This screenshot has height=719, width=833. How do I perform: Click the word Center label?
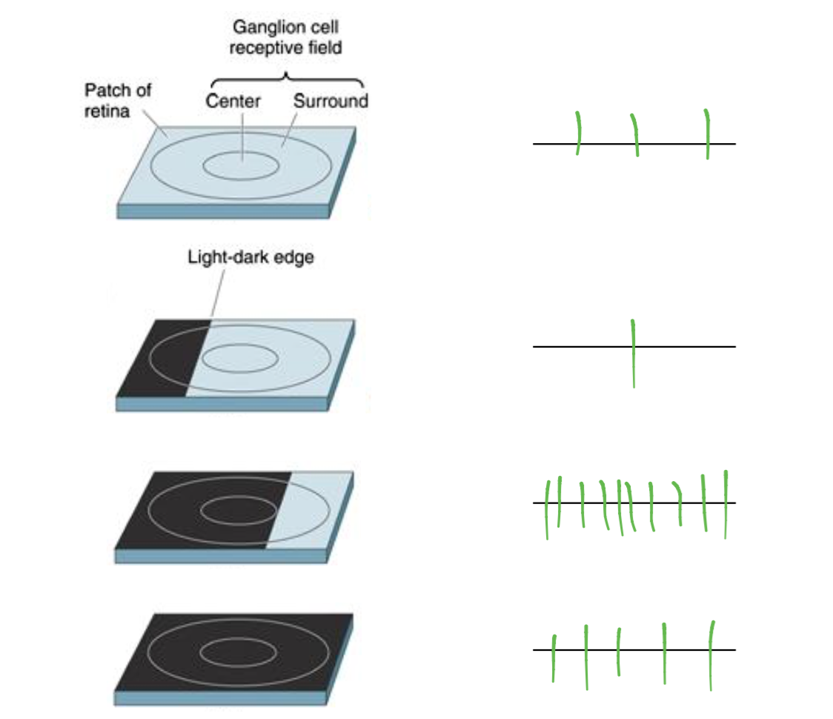tap(233, 101)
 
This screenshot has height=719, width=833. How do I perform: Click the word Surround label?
tap(331, 101)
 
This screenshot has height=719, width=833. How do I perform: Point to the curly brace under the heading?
tap(287, 78)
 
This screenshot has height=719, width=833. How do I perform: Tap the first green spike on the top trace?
tap(578, 133)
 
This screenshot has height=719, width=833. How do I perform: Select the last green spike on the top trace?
tap(707, 134)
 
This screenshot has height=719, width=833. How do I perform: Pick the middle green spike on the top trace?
tap(635, 135)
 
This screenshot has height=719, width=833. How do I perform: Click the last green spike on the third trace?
tap(726, 504)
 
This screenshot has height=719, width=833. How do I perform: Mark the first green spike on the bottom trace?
tap(554, 657)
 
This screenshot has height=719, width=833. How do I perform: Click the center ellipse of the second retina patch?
tap(240, 359)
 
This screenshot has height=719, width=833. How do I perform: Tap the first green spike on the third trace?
tap(547, 510)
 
